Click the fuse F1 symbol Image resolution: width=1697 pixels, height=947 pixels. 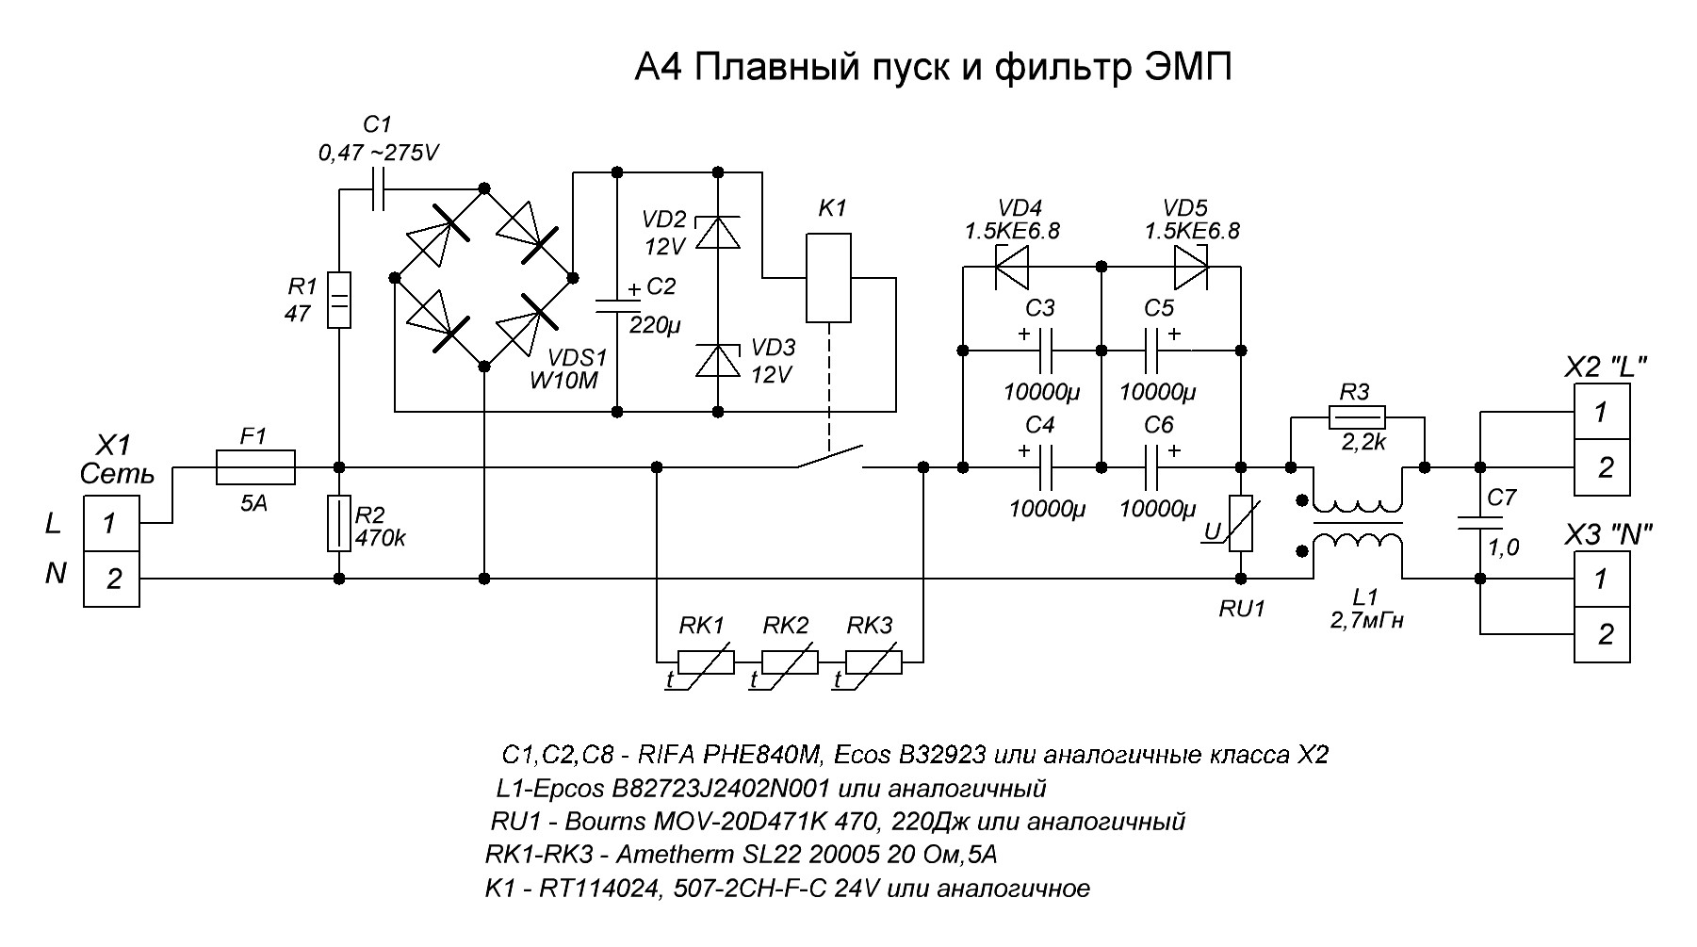255,466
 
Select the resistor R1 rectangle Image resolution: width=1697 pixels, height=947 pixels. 338,300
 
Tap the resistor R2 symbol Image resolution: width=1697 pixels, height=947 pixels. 338,523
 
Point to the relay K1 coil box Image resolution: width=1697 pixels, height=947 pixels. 828,278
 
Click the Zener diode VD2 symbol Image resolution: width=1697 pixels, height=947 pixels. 717,233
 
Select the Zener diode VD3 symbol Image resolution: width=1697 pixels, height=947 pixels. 717,361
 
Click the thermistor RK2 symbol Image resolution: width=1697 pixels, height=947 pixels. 790,662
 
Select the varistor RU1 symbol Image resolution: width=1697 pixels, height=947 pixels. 1242,523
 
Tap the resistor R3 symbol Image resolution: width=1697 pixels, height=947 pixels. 1357,415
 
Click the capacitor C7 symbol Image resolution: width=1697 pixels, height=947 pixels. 1479,523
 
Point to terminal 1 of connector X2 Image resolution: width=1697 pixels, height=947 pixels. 1602,412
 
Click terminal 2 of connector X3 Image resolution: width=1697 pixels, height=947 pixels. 1602,634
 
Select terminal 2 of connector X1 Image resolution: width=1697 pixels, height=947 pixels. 112,579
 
